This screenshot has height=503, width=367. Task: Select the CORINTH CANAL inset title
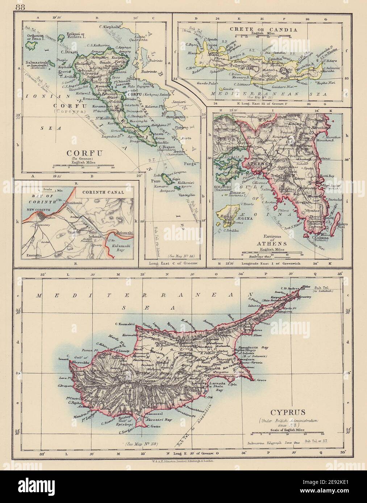(x=105, y=193)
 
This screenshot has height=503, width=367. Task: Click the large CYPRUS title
(x=287, y=411)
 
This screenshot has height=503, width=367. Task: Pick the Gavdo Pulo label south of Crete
(x=204, y=83)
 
